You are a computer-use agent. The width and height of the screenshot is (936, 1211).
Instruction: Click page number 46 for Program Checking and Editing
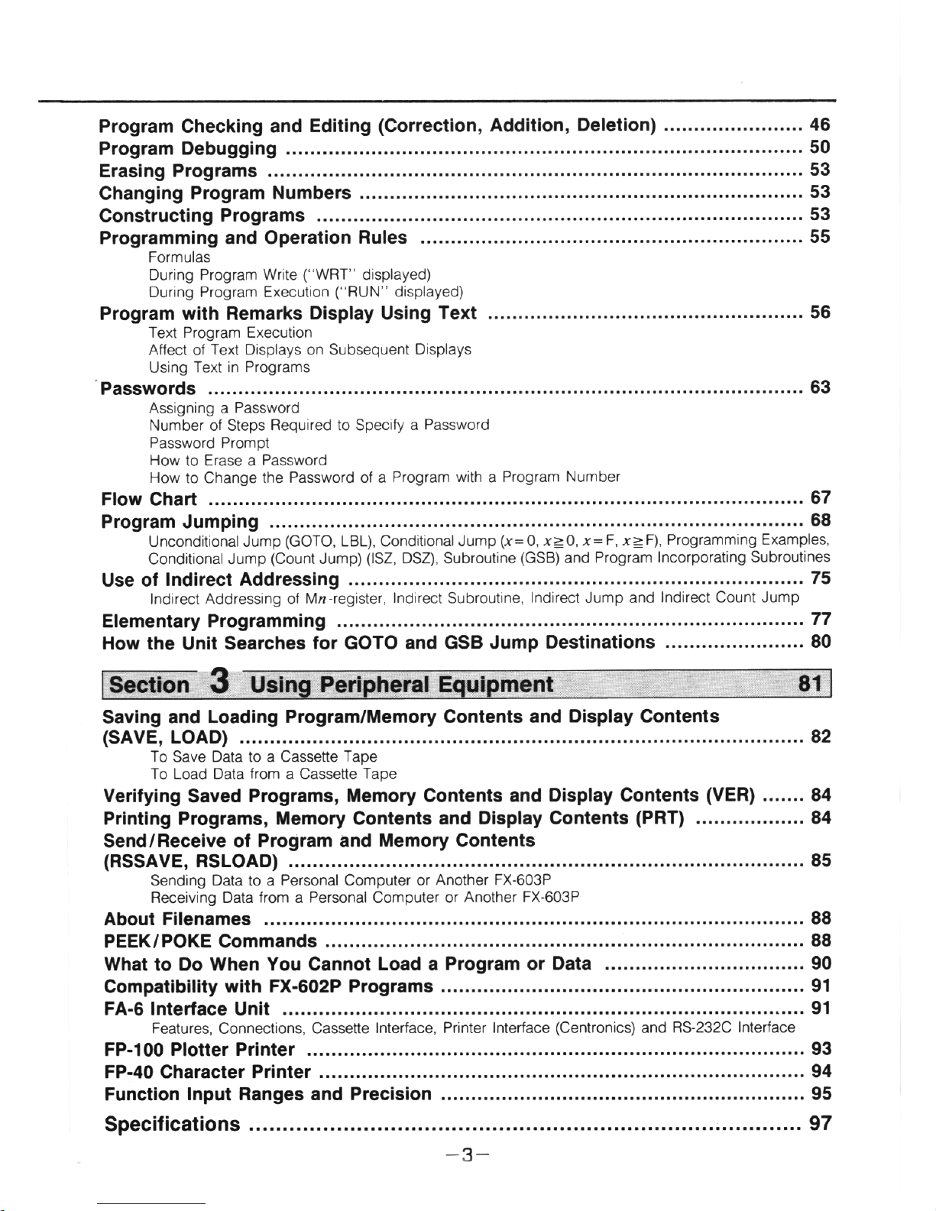(x=820, y=125)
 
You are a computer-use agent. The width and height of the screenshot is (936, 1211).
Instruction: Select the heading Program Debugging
(x=188, y=149)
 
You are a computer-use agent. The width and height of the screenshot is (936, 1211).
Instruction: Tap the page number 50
(x=820, y=147)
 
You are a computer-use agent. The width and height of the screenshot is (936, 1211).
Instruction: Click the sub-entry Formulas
(x=179, y=257)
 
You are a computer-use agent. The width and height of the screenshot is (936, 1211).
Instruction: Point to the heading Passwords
(x=148, y=389)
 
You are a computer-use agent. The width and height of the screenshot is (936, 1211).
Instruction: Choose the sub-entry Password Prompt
(x=209, y=443)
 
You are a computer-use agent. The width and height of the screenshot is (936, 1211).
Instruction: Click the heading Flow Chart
(x=149, y=500)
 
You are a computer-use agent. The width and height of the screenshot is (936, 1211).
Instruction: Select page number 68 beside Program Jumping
(x=821, y=520)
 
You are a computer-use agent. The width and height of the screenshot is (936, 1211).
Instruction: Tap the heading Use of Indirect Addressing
(x=220, y=580)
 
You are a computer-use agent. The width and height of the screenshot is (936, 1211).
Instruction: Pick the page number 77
(x=821, y=619)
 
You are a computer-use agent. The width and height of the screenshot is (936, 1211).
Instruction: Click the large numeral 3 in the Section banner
(x=220, y=682)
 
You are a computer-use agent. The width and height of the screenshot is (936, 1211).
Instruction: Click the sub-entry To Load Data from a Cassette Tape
(x=274, y=774)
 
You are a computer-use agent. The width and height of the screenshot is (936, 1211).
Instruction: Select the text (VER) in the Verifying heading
(x=730, y=795)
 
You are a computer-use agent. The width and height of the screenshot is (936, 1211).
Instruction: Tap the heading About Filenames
(x=177, y=919)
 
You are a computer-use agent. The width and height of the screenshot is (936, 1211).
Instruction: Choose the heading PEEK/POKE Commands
(x=210, y=941)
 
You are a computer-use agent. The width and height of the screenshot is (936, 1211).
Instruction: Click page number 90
(x=821, y=963)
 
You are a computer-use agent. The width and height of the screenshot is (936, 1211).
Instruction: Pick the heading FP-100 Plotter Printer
(x=199, y=1050)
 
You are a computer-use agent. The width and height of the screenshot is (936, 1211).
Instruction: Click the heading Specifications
(x=172, y=1125)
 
